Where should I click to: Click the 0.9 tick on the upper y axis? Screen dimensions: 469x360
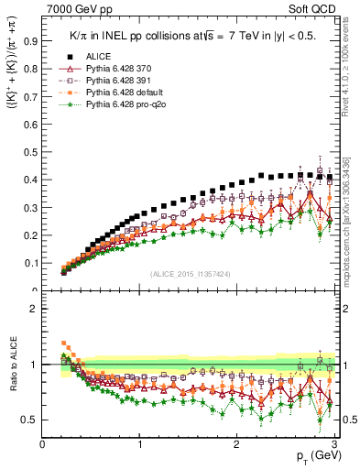click(32, 41)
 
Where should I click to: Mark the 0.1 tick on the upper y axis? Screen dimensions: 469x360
click(32, 263)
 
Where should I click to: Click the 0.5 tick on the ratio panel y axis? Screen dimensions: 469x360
click(32, 420)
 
